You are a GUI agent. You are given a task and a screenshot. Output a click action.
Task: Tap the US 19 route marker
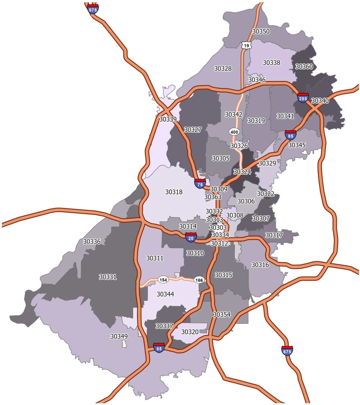click(x=246, y=45)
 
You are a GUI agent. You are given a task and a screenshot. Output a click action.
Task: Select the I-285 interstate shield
click(x=303, y=98)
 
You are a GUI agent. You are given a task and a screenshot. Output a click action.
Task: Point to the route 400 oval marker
click(x=234, y=132)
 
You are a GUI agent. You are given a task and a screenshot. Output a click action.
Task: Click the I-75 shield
click(x=200, y=184)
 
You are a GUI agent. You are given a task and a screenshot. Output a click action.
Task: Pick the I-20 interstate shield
click(x=191, y=238)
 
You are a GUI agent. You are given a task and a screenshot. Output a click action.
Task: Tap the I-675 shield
click(x=287, y=351)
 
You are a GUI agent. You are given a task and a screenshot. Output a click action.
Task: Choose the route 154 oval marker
click(x=163, y=280)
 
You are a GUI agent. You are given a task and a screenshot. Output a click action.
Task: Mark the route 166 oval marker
click(x=199, y=280)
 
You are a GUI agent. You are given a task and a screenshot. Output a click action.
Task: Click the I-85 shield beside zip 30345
click(x=290, y=135)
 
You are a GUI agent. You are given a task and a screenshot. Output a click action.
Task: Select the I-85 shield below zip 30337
click(x=159, y=348)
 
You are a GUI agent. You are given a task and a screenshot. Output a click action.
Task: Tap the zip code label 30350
click(x=261, y=31)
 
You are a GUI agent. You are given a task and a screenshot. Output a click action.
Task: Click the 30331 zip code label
click(x=108, y=277)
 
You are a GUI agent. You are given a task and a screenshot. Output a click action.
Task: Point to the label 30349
click(x=119, y=336)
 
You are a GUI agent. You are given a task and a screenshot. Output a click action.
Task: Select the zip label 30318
click(x=174, y=192)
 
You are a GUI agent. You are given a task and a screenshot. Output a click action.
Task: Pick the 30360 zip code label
click(x=304, y=66)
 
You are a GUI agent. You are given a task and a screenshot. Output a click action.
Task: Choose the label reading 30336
click(x=92, y=242)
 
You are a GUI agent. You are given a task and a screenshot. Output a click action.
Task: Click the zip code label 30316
click(x=260, y=265)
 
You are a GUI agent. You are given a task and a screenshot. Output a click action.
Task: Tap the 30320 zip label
click(x=190, y=332)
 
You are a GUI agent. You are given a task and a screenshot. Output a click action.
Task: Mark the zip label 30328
click(x=223, y=69)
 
